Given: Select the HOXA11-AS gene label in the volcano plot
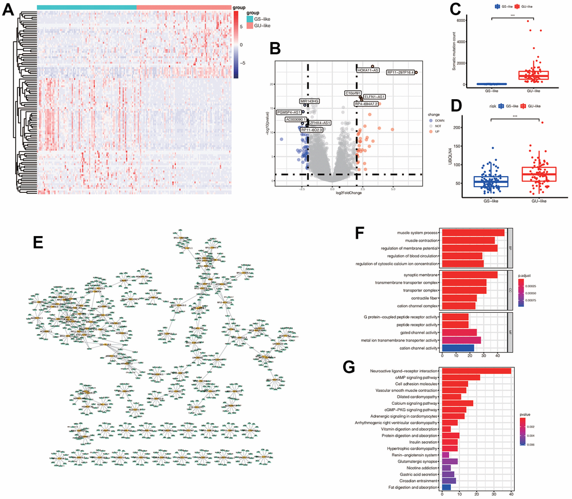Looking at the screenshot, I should [368, 71].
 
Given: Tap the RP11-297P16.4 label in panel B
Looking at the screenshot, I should [400, 72].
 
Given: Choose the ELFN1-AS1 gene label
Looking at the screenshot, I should [374, 97].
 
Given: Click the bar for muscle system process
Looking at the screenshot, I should [473, 232].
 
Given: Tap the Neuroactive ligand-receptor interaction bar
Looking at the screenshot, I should [476, 371].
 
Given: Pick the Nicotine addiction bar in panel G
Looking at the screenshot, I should [446, 466].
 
